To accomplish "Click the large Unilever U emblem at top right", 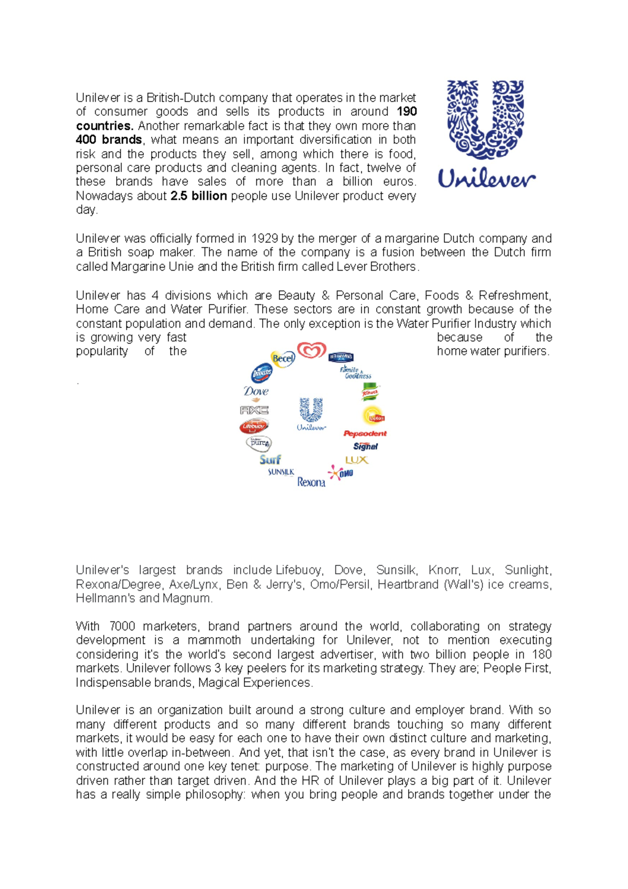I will point(485,120).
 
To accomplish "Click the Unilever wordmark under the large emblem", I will point(486,179).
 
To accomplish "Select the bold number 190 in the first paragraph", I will point(407,112).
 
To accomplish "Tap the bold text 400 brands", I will point(109,140).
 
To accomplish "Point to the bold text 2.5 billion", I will point(198,196).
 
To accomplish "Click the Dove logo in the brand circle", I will point(256,392).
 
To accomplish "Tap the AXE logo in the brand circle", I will point(254,410).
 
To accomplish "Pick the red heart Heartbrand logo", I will point(311,350).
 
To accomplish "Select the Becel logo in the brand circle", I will point(283,359).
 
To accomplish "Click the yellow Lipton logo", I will point(374,416).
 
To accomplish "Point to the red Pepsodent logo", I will point(365,434).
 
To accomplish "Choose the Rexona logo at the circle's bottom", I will point(311,482).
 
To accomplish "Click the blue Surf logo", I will point(270,460).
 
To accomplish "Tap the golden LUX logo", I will point(356,460).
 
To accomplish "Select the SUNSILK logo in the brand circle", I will point(281,472).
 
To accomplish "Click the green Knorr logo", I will point(370,392).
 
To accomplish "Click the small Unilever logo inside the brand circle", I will point(311,414).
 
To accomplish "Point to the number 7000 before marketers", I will point(122,626).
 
